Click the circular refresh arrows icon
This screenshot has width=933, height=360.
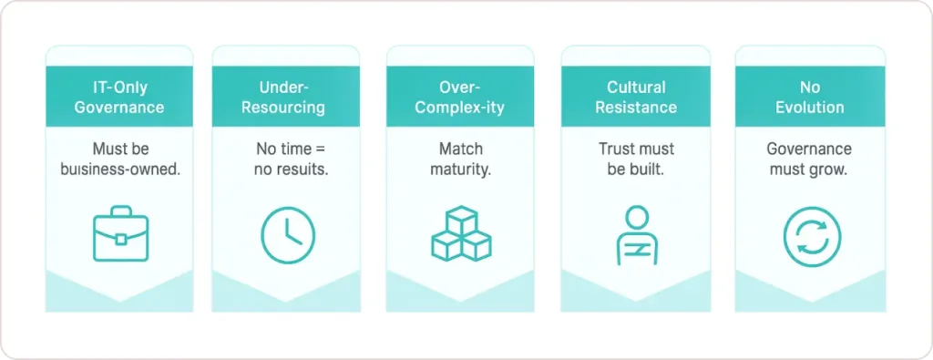pyautogui.click(x=811, y=236)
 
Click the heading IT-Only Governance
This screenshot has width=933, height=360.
pyautogui.click(x=119, y=98)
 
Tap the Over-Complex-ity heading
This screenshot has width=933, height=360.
pyautogui.click(x=461, y=98)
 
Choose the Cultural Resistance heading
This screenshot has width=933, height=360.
pyautogui.click(x=636, y=98)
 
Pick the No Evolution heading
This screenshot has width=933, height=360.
pyautogui.click(x=810, y=98)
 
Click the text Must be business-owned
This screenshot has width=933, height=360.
pyautogui.click(x=119, y=159)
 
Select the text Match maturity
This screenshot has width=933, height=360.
pyautogui.click(x=461, y=159)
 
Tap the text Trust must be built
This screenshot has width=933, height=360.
pyautogui.click(x=636, y=159)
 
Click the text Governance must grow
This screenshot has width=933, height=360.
pyautogui.click(x=810, y=159)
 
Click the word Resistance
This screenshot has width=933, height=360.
pyautogui.click(x=636, y=108)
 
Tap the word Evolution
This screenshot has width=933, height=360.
pyautogui.click(x=810, y=108)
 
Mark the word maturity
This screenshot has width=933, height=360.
pyautogui.click(x=461, y=170)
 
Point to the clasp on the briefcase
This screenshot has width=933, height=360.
pyautogui.click(x=119, y=239)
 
